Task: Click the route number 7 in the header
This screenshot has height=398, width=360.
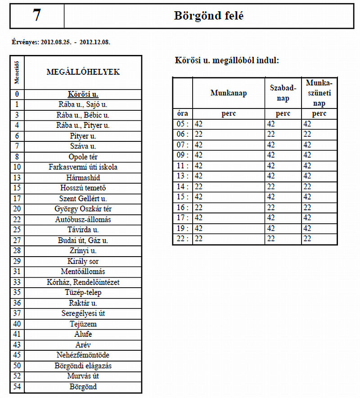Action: coord(36,16)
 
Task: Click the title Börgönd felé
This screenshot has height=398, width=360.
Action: coord(208,16)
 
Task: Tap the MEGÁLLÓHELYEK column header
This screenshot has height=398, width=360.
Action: coord(83,72)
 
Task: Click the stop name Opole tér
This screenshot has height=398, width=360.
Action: coord(83,157)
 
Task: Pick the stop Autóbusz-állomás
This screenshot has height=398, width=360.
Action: coord(83,219)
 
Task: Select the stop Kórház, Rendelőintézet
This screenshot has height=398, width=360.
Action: coord(83,282)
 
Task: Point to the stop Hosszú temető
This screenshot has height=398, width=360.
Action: coord(83,188)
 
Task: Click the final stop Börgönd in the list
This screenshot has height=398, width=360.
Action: coord(83,387)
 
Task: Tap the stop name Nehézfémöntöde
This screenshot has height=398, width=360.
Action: coord(83,355)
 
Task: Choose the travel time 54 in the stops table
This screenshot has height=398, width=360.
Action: coord(17,387)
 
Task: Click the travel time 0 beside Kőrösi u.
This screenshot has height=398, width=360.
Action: coord(17,95)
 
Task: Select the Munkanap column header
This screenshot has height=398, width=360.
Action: coord(228,93)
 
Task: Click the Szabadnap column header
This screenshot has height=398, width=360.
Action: coord(283,93)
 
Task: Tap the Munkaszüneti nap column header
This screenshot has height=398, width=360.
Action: coord(319,93)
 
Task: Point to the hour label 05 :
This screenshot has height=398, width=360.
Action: coord(182,124)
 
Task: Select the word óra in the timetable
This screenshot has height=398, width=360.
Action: coord(183,113)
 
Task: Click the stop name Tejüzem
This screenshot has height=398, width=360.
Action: coord(83,324)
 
